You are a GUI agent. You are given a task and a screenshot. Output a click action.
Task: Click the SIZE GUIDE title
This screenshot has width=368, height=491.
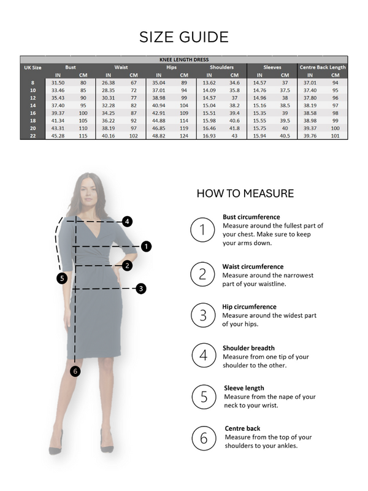[x=184, y=36]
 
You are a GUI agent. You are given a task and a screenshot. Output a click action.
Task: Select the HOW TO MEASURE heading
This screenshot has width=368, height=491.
[x=245, y=193]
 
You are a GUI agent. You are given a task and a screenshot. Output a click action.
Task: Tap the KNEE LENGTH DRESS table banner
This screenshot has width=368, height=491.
[x=184, y=60]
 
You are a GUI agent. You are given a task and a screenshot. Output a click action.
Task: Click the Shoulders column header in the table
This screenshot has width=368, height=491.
[x=221, y=67]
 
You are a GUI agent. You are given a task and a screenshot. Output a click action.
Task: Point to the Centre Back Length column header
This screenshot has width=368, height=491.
[x=323, y=67]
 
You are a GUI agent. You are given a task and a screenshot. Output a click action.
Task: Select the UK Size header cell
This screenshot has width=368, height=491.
[x=33, y=67]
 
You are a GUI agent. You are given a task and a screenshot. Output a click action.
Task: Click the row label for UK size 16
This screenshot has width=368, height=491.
[x=33, y=113]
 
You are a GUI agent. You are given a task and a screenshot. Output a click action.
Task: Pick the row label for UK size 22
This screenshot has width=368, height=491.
[x=33, y=136]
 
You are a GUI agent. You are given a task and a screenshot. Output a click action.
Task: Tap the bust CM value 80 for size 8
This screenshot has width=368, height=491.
[x=83, y=82]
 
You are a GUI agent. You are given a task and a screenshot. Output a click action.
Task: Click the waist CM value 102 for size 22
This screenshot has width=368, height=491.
[x=133, y=136]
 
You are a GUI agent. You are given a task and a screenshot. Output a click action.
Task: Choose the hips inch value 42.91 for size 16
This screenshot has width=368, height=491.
[x=158, y=113]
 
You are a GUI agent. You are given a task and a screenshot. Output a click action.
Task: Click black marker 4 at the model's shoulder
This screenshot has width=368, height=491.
[x=127, y=221]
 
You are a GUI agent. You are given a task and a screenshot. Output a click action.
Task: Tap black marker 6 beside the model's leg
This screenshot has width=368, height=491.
[x=75, y=371]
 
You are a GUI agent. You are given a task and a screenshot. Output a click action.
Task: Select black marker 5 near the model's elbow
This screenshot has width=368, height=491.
[x=61, y=278]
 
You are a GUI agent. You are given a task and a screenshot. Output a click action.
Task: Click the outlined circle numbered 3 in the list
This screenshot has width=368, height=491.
[x=202, y=315]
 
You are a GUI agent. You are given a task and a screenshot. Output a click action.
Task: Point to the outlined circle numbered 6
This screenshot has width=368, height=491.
[x=202, y=438]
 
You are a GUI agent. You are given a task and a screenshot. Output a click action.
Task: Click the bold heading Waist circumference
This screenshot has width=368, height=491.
[x=253, y=266]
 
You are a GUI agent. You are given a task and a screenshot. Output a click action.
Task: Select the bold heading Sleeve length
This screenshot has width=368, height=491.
[x=243, y=388]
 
